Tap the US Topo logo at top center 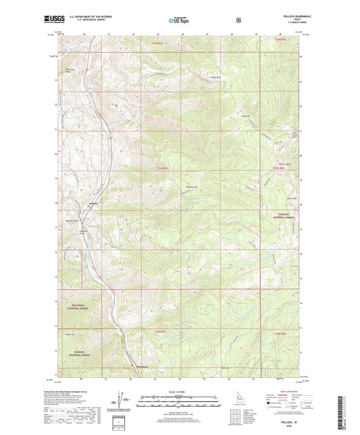(x=179, y=20)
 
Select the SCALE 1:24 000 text (x=179, y=392)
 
